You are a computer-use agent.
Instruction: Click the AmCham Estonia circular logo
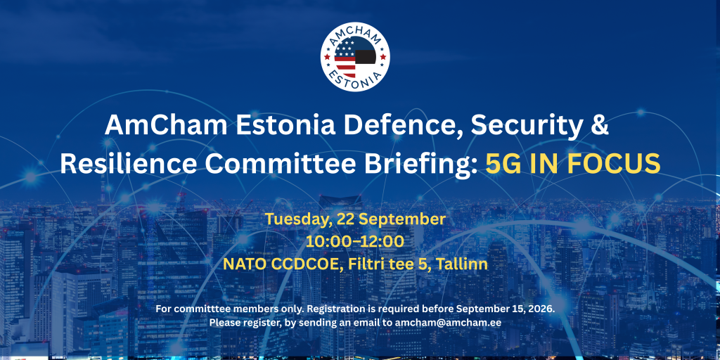point(355,57)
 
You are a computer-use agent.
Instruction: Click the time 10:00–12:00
point(355,242)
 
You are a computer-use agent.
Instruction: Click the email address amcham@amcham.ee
point(448,322)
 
